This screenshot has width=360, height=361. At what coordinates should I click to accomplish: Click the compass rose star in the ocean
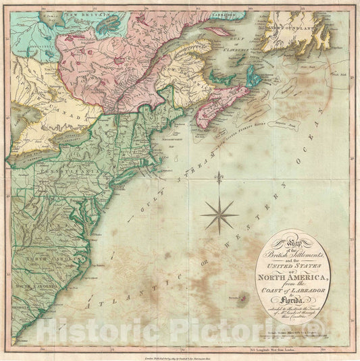pos(220,215)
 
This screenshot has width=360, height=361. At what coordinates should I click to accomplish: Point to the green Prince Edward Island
pos(234,90)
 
